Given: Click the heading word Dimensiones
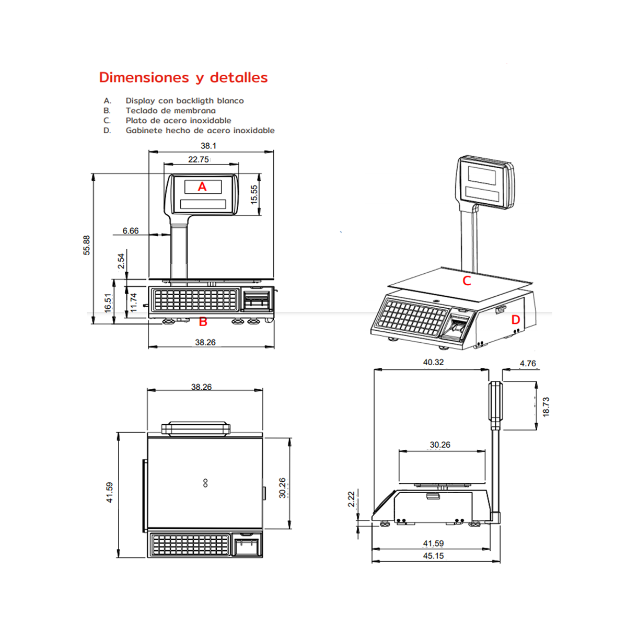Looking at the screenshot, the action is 144,77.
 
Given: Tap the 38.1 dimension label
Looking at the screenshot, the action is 208,146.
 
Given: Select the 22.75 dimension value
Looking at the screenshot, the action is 198,159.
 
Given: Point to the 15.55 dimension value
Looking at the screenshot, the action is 254,194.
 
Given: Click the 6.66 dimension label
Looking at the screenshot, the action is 131,231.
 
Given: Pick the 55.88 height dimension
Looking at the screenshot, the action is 87,245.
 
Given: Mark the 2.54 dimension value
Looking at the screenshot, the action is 121,261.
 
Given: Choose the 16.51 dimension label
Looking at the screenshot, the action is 108,303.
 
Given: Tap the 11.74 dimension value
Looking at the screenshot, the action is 133,303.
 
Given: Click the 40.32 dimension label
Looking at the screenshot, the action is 433,362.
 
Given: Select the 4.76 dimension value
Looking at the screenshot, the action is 527,364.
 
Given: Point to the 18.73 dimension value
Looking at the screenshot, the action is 546,407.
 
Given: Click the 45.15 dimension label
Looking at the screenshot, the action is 433,556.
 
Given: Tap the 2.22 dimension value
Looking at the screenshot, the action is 351,499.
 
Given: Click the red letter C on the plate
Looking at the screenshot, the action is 467,281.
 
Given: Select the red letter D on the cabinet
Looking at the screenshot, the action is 515,320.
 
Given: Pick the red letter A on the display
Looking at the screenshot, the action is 202,187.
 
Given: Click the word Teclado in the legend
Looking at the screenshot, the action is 142,111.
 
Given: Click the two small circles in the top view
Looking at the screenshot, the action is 205,483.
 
